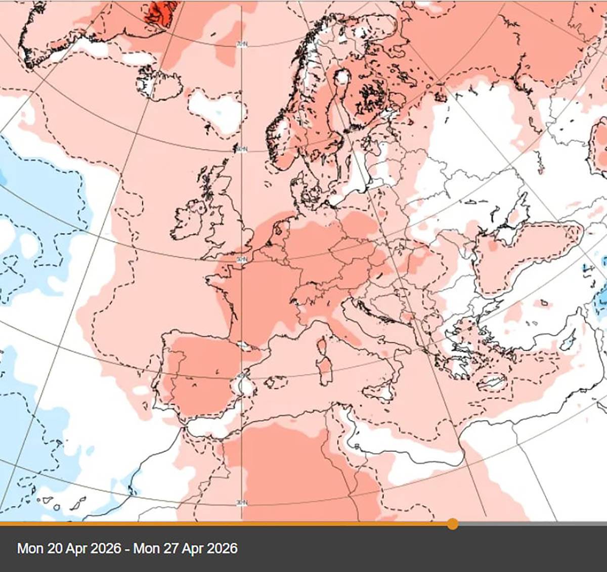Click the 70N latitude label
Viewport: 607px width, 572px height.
(x=242, y=45)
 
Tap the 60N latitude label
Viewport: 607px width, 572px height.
(x=241, y=149)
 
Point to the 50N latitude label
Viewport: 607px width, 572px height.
(x=242, y=259)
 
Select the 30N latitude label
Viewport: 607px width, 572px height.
(x=242, y=502)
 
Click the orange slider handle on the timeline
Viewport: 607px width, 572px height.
(x=453, y=523)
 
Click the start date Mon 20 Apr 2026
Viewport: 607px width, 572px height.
(x=69, y=548)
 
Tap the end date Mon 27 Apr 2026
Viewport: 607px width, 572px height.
(x=185, y=548)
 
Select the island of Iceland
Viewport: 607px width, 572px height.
(x=158, y=82)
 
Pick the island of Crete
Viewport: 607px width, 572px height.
(x=490, y=383)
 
